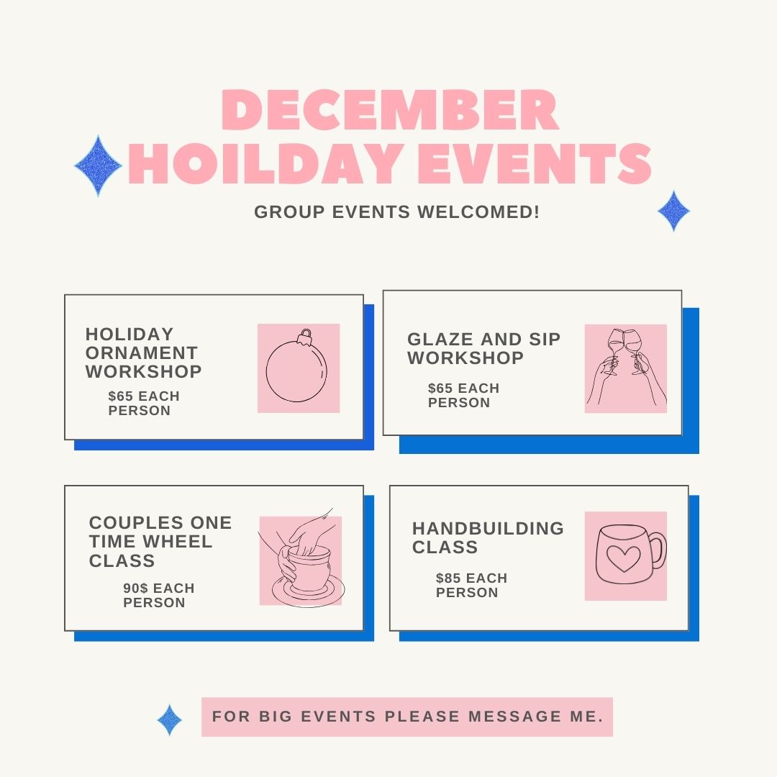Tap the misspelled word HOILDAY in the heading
tap(265, 163)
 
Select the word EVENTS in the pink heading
tap(535, 163)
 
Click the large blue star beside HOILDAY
tap(98, 165)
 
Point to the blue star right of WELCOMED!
tap(673, 211)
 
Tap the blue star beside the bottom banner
tap(170, 719)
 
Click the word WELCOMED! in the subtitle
tap(478, 212)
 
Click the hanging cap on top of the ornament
tap(306, 337)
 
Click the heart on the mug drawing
tap(623, 558)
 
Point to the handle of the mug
tap(658, 550)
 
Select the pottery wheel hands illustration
tap(301, 558)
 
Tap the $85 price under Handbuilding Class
tap(448, 578)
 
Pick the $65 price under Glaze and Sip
tap(440, 388)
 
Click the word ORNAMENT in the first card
tap(142, 353)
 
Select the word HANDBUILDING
tap(488, 528)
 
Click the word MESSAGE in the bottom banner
tap(514, 717)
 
